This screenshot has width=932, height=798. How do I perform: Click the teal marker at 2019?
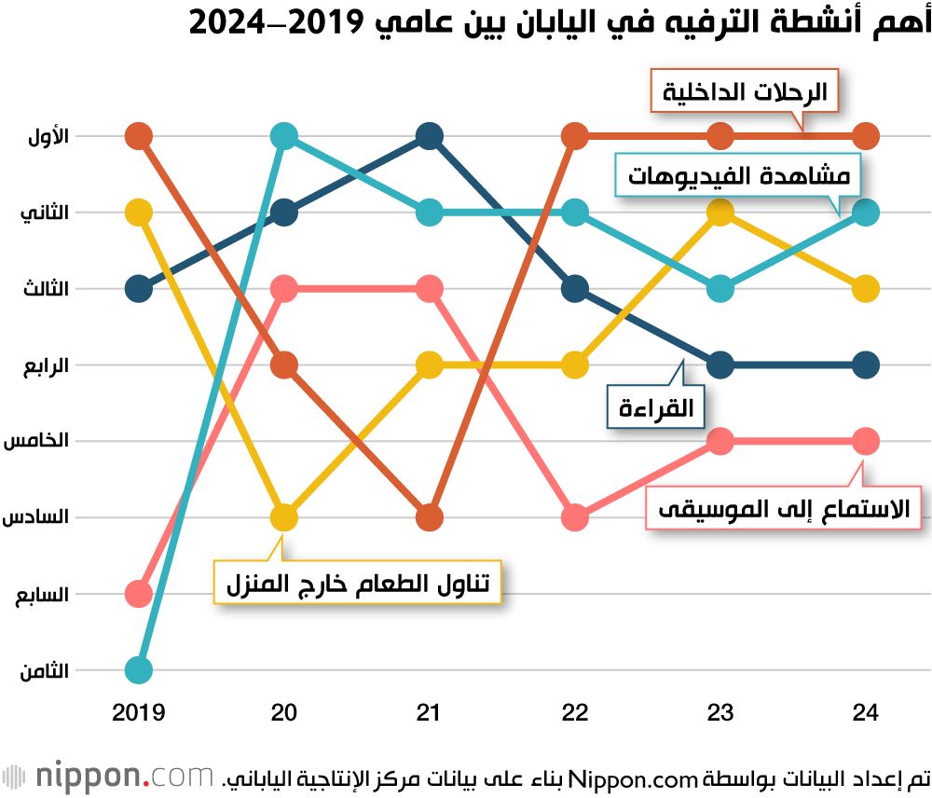tap(138, 669)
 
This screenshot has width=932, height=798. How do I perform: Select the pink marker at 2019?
tap(138, 593)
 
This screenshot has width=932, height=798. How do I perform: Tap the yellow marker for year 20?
tap(284, 516)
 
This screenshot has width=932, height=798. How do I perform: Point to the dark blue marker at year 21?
tap(430, 136)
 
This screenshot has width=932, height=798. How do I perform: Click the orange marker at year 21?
tap(430, 516)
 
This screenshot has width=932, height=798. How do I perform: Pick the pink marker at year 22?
tap(576, 516)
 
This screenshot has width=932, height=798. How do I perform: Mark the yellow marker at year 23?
tap(720, 213)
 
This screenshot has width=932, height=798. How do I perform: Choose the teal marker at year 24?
tap(867, 213)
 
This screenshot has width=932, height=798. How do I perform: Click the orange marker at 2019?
tap(138, 136)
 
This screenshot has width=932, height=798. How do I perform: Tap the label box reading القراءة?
tap(656, 407)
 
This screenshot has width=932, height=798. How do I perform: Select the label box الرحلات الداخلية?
tap(744, 91)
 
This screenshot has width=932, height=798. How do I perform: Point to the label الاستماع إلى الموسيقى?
tap(783, 509)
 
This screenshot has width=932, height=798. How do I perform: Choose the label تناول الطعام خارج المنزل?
tap(357, 584)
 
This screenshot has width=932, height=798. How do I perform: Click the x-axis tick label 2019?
tap(138, 713)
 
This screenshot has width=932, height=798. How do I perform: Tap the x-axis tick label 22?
tap(576, 713)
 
